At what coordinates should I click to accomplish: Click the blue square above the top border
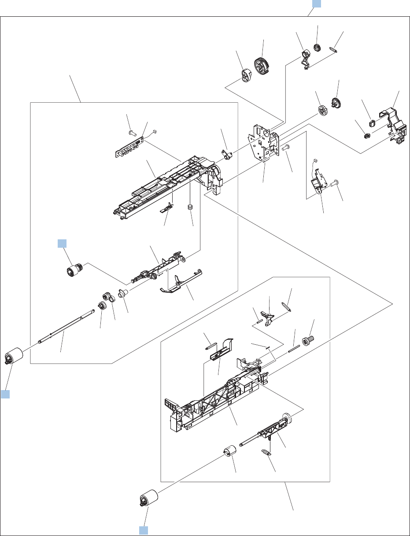317,4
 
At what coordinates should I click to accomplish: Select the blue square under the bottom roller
144,530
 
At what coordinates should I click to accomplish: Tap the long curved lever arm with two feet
181,283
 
